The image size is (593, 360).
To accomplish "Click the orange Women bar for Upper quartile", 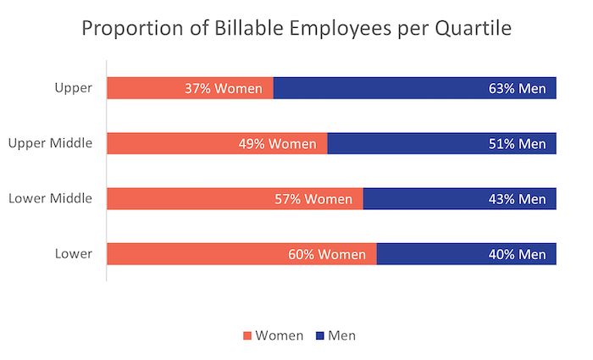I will click(144, 87).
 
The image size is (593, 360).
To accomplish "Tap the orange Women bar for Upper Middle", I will click(169, 143).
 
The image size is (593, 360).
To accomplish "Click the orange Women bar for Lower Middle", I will click(186, 199).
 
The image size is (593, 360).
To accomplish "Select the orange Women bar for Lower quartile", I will click(195, 254).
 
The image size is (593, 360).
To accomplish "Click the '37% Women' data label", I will click(224, 88).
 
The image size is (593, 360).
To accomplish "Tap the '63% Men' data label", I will click(517, 88).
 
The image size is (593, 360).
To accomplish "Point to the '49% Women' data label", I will click(278, 144).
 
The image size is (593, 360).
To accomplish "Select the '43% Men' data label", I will click(517, 200).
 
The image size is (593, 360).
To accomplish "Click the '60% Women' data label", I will click(327, 255).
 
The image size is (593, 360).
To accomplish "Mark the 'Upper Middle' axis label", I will click(49, 143).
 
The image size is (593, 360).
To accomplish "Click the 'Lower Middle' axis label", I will click(49, 199).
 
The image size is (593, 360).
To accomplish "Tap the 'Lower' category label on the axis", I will click(74, 254).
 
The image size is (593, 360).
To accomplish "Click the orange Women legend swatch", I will click(247, 335).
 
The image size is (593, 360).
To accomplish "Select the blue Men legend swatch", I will click(319, 335).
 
